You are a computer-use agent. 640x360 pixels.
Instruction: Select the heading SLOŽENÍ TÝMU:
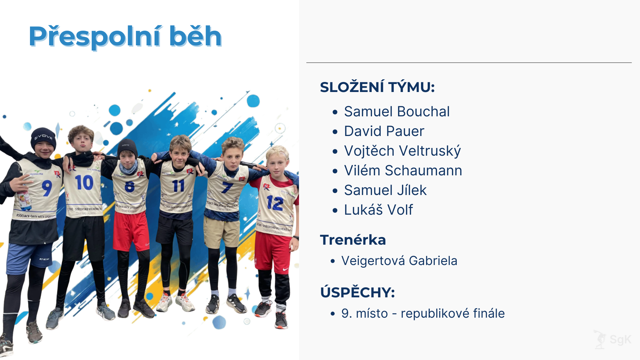(377, 87)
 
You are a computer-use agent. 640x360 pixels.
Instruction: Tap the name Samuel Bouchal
(397, 112)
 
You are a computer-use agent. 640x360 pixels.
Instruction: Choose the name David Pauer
(384, 131)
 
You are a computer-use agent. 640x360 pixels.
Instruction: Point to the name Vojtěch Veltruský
(402, 151)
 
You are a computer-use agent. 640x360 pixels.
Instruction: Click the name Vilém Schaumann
(403, 171)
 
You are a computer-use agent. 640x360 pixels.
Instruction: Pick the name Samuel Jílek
(385, 190)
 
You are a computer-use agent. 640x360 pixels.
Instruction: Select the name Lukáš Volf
(378, 210)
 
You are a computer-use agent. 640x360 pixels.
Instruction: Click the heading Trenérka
(353, 240)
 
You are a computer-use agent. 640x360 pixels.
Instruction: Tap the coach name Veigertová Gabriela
(399, 261)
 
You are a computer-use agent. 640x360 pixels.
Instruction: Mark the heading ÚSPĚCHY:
(357, 292)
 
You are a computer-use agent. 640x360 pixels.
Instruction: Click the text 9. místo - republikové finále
(423, 313)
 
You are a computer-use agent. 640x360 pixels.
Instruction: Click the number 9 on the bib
(47, 188)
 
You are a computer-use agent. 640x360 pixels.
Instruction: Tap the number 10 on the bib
(84, 183)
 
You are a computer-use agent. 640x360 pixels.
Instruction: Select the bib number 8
(130, 187)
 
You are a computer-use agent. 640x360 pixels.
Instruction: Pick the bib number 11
(178, 186)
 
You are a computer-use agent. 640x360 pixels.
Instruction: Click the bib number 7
(227, 187)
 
